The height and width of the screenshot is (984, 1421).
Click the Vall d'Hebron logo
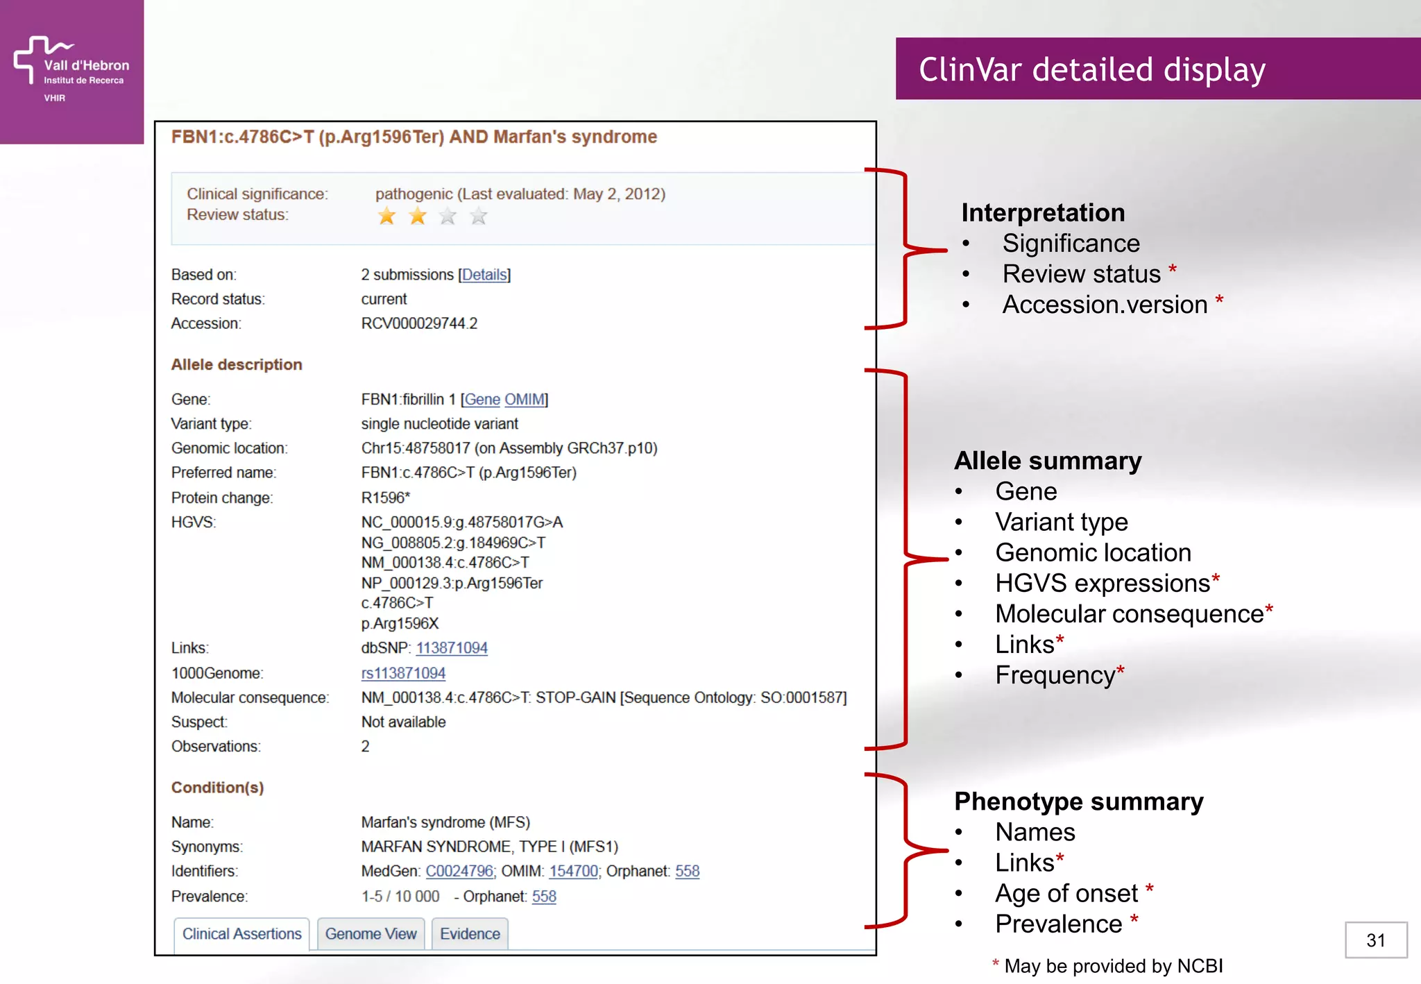tap(71, 69)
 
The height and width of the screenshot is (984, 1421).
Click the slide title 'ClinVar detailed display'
tap(1092, 69)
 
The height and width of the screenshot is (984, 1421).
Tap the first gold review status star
tap(386, 217)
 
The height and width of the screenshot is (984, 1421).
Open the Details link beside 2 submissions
tap(484, 275)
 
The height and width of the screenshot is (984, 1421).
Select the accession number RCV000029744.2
tap(419, 323)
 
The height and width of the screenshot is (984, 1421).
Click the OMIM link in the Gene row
tap(525, 400)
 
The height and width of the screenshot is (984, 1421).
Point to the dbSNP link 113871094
tap(452, 648)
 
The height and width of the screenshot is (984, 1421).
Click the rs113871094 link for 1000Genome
tap(403, 673)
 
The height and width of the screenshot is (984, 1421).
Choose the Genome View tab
tap(371, 934)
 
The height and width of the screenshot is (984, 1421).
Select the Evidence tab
tap(470, 934)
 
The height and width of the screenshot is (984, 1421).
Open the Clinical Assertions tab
tap(241, 934)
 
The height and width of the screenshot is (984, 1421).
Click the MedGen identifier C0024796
tap(459, 872)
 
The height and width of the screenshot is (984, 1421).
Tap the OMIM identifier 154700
tap(573, 872)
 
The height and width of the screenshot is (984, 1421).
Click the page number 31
tap(1375, 940)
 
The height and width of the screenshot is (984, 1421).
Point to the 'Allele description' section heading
tap(237, 365)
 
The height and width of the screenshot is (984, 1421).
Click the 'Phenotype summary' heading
tap(1078, 801)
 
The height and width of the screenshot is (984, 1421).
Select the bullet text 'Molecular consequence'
tap(1129, 614)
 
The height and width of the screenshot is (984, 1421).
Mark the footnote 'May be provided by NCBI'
tap(1113, 966)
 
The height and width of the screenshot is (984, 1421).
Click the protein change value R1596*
tap(386, 498)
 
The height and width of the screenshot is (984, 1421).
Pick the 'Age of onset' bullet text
tap(1066, 894)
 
